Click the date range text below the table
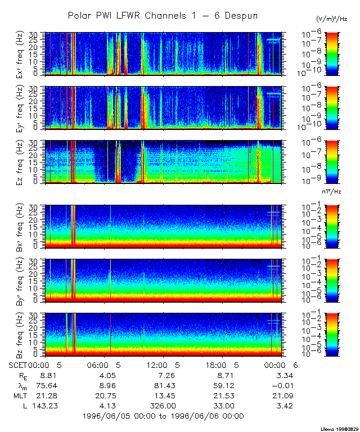163,416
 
